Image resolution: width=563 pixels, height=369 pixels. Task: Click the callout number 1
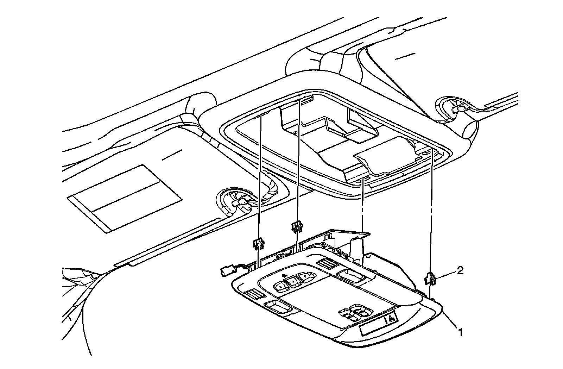460,331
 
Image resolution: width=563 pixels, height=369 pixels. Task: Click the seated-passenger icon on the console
391,319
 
